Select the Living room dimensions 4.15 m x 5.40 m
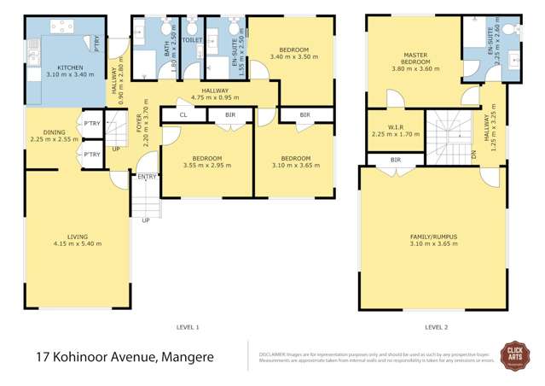(x=78, y=243)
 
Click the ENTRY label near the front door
(x=148, y=178)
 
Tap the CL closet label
(x=183, y=114)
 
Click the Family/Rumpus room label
(x=432, y=237)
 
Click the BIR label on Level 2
(x=395, y=159)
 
